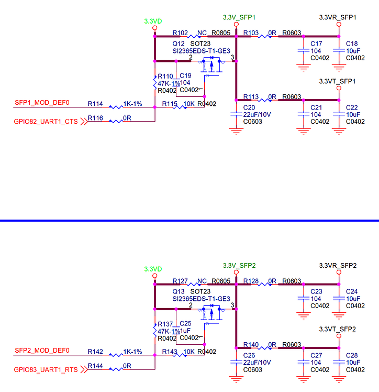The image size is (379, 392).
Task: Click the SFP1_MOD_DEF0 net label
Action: tap(42, 103)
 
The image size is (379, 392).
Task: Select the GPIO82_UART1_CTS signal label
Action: tap(46, 122)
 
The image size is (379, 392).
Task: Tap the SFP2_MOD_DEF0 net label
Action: tap(42, 351)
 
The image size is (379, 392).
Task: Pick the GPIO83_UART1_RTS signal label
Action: tap(46, 369)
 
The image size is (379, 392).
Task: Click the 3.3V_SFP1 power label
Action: tap(238, 17)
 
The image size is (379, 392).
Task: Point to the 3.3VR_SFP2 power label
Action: tap(338, 266)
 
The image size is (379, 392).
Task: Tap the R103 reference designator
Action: tap(251, 33)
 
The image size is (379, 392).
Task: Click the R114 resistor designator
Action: tap(95, 103)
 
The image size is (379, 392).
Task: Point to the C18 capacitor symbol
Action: tap(338, 50)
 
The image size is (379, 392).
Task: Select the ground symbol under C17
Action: tap(302, 67)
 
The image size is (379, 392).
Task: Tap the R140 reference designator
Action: tap(251, 345)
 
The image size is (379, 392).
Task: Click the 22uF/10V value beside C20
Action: tap(257, 114)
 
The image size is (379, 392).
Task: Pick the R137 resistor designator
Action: tap(165, 324)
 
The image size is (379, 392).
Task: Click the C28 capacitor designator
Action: tap(352, 356)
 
